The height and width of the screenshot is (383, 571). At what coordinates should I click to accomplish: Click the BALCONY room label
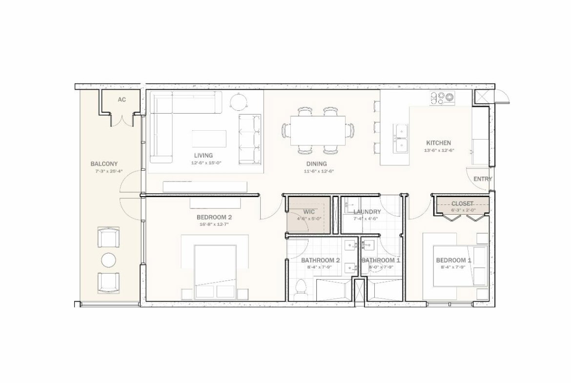pyautogui.click(x=104, y=164)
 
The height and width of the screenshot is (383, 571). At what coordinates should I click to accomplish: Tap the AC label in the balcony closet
pyautogui.click(x=122, y=100)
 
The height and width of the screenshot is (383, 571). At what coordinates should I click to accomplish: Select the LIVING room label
pyautogui.click(x=203, y=156)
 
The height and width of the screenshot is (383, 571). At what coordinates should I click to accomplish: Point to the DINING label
pyautogui.click(x=316, y=164)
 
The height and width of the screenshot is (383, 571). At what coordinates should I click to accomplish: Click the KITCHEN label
pyautogui.click(x=438, y=143)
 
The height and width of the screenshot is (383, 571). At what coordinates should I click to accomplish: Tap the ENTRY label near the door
pyautogui.click(x=482, y=179)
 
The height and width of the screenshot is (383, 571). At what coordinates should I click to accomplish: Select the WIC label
pyautogui.click(x=309, y=212)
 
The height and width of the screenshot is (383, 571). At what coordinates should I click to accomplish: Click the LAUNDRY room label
pyautogui.click(x=367, y=212)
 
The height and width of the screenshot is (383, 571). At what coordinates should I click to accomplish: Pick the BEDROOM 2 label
pyautogui.click(x=214, y=217)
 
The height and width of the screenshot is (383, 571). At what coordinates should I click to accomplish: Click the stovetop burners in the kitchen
pyautogui.click(x=442, y=98)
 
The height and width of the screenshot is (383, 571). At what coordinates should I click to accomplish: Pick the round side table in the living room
pyautogui.click(x=239, y=101)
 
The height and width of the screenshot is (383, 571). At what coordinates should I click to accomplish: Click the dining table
pyautogui.click(x=318, y=130)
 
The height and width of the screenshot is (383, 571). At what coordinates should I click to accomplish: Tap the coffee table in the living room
pyautogui.click(x=209, y=138)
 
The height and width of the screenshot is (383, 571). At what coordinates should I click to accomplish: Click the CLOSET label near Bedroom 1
pyautogui.click(x=462, y=203)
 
